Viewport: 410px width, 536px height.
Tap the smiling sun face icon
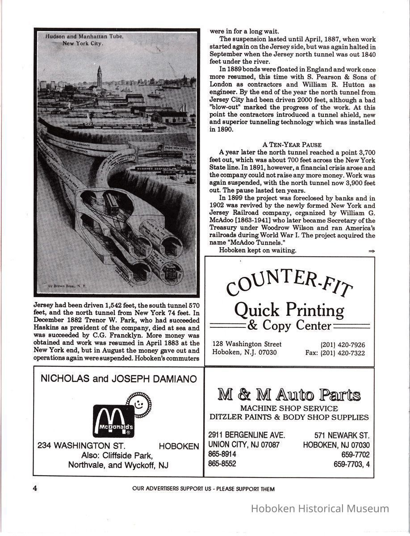tap(138, 402)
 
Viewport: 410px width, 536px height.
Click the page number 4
tap(34, 488)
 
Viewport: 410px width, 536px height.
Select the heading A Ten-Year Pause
tap(292, 145)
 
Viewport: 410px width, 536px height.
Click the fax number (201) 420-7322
tap(343, 353)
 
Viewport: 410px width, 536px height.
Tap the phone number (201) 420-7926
tap(343, 344)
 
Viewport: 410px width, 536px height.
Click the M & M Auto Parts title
tap(289, 395)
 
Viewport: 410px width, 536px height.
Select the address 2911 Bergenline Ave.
tap(247, 435)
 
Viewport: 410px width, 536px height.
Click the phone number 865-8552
tap(222, 464)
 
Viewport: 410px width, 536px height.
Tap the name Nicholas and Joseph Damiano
tap(118, 379)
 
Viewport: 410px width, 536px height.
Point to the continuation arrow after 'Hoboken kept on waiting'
tap(371, 251)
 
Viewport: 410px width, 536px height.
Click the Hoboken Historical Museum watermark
tap(320, 508)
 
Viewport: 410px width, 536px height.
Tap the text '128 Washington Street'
tap(247, 344)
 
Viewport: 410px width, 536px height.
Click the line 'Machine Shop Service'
tap(289, 408)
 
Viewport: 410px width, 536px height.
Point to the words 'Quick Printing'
tap(289, 309)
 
